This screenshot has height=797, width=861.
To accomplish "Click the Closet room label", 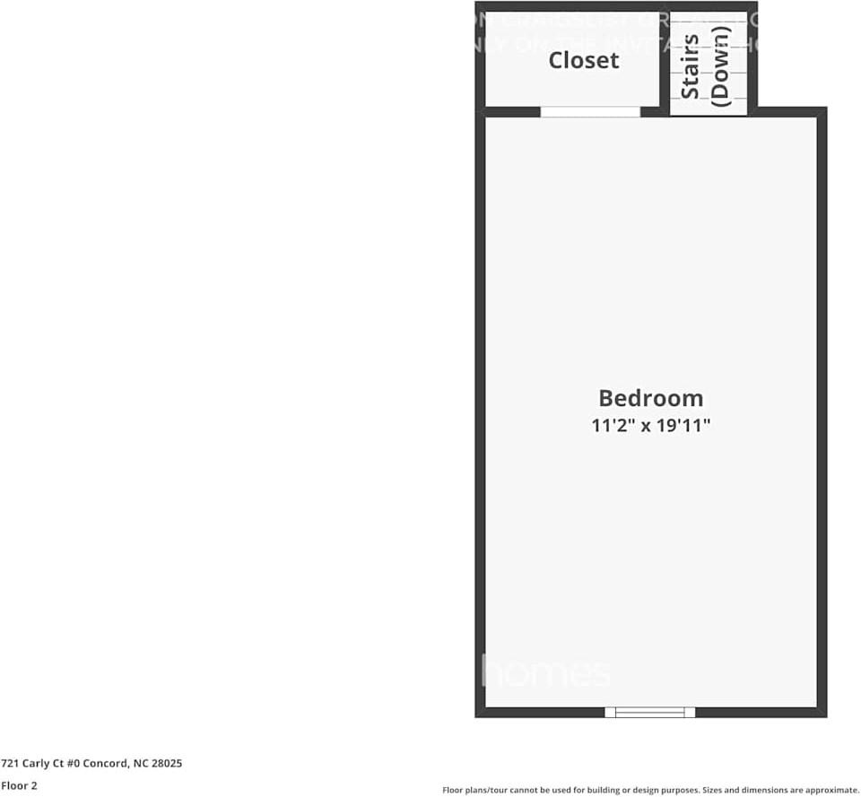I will [x=584, y=60].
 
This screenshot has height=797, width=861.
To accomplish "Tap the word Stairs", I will [x=690, y=66].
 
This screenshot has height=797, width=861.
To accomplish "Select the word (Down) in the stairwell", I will [x=719, y=66].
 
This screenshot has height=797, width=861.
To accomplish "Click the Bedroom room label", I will [x=650, y=398].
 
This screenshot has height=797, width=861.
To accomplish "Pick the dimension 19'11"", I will [x=682, y=425].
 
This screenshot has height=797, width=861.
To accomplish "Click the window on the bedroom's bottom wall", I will [x=650, y=712].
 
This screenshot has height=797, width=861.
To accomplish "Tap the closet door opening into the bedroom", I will [x=590, y=112].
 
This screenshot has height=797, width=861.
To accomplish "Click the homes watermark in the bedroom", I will [x=546, y=671].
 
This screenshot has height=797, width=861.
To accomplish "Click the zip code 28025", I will [x=167, y=763].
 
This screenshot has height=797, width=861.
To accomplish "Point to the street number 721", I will [x=8, y=763].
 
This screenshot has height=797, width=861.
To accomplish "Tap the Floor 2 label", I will [x=19, y=785].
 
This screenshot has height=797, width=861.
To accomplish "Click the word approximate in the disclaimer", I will [x=833, y=790].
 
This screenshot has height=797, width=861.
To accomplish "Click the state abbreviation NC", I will [x=140, y=763].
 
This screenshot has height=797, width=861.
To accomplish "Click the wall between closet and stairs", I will [x=665, y=63].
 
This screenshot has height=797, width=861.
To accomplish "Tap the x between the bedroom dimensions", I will [x=644, y=426].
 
